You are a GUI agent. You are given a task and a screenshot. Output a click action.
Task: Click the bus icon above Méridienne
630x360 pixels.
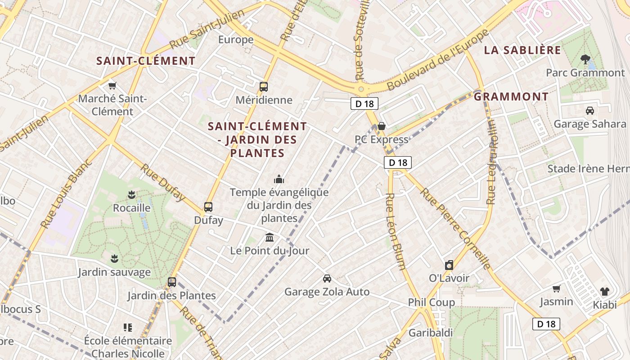tap(264, 87)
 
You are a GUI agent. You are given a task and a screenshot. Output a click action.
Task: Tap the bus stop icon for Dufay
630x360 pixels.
tap(208, 207)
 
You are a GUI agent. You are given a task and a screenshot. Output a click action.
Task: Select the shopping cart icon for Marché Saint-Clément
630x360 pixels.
tap(112, 85)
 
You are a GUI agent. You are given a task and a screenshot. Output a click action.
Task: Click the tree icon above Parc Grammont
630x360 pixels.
tap(585, 59)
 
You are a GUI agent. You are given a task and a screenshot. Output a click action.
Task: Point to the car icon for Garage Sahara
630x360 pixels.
tap(589, 111)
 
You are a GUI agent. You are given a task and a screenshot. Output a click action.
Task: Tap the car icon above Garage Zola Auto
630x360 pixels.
tap(327, 279)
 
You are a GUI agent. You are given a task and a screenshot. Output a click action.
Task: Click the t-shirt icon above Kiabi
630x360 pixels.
tap(604, 292)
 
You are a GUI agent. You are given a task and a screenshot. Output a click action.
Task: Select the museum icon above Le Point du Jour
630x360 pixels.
tap(270, 237)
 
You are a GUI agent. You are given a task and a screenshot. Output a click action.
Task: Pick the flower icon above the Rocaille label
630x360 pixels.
tap(131, 194)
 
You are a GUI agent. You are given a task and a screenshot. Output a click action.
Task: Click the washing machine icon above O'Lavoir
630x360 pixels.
tap(449, 265)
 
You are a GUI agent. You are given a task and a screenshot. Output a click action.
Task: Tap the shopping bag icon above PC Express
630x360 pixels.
tap(382, 126)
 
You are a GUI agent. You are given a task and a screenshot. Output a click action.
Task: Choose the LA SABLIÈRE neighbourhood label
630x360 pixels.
tap(522, 50)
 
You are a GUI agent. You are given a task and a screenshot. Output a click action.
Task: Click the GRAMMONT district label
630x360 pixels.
tap(511, 97)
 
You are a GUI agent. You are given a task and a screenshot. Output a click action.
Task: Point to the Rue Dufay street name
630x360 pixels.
tap(163, 182)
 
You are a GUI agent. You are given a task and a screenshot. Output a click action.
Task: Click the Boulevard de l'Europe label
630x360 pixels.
tap(438, 60)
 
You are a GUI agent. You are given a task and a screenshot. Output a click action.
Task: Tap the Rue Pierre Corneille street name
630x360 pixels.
tap(455, 229)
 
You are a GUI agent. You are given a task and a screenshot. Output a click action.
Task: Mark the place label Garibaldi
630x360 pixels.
tap(431, 333)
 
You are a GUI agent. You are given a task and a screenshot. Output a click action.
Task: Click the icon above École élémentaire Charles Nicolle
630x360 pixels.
tap(128, 327)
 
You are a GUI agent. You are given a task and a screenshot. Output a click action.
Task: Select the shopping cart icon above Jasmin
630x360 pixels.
tap(557, 288)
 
